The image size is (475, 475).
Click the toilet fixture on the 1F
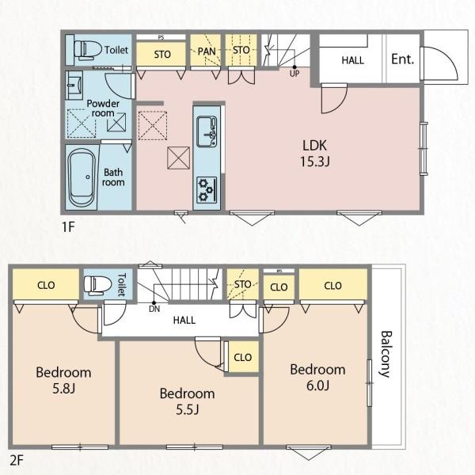coord(87,49)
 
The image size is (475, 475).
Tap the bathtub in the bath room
coord(82,177)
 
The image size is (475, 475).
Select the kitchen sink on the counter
coord(207,131)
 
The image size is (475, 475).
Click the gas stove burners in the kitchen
coord(207,190)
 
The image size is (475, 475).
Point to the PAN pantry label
coord(207,51)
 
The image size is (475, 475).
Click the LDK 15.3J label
coord(315,154)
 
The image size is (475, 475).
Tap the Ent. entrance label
coord(403,59)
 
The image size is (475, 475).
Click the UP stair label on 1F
coord(294,74)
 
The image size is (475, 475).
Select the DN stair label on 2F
coord(154,310)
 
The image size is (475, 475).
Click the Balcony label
coord(386,354)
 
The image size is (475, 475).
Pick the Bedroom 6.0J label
coord(317,378)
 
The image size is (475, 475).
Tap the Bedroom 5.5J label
coord(188,401)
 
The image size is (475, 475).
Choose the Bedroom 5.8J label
coord(63,380)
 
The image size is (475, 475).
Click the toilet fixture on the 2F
coord(94,285)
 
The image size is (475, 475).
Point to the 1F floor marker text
coord(68,227)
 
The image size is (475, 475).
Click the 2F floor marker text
coord(17,461)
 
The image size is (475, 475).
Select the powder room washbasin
coord(74,85)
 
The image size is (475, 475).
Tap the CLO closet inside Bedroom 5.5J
coord(243,357)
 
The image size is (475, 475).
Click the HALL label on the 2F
coord(184,320)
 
